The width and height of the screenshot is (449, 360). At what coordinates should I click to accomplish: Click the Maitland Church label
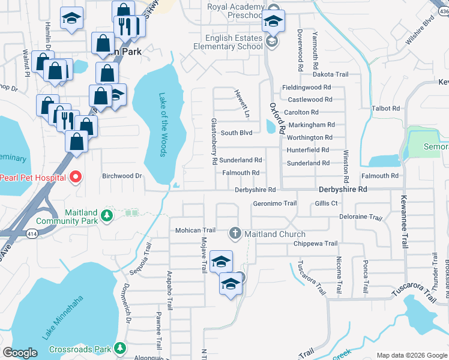point(276,234)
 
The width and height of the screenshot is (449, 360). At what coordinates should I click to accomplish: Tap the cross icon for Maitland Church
point(235,233)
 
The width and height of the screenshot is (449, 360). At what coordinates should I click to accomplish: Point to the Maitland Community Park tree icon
point(107,215)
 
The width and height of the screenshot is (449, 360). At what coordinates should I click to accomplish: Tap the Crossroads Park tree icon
point(120,348)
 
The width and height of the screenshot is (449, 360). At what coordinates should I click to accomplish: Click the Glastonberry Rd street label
point(213,141)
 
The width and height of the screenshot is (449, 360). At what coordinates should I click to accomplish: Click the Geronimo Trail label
point(274,203)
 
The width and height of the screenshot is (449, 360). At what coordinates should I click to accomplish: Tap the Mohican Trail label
point(195,230)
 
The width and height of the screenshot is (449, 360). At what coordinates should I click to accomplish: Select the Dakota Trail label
point(330,74)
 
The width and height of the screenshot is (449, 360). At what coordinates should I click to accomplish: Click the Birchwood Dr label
point(122,176)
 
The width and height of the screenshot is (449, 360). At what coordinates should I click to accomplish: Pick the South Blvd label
point(237,133)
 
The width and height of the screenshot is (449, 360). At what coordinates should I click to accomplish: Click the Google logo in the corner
point(20,353)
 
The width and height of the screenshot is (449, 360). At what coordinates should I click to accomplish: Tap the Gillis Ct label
point(326,203)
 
